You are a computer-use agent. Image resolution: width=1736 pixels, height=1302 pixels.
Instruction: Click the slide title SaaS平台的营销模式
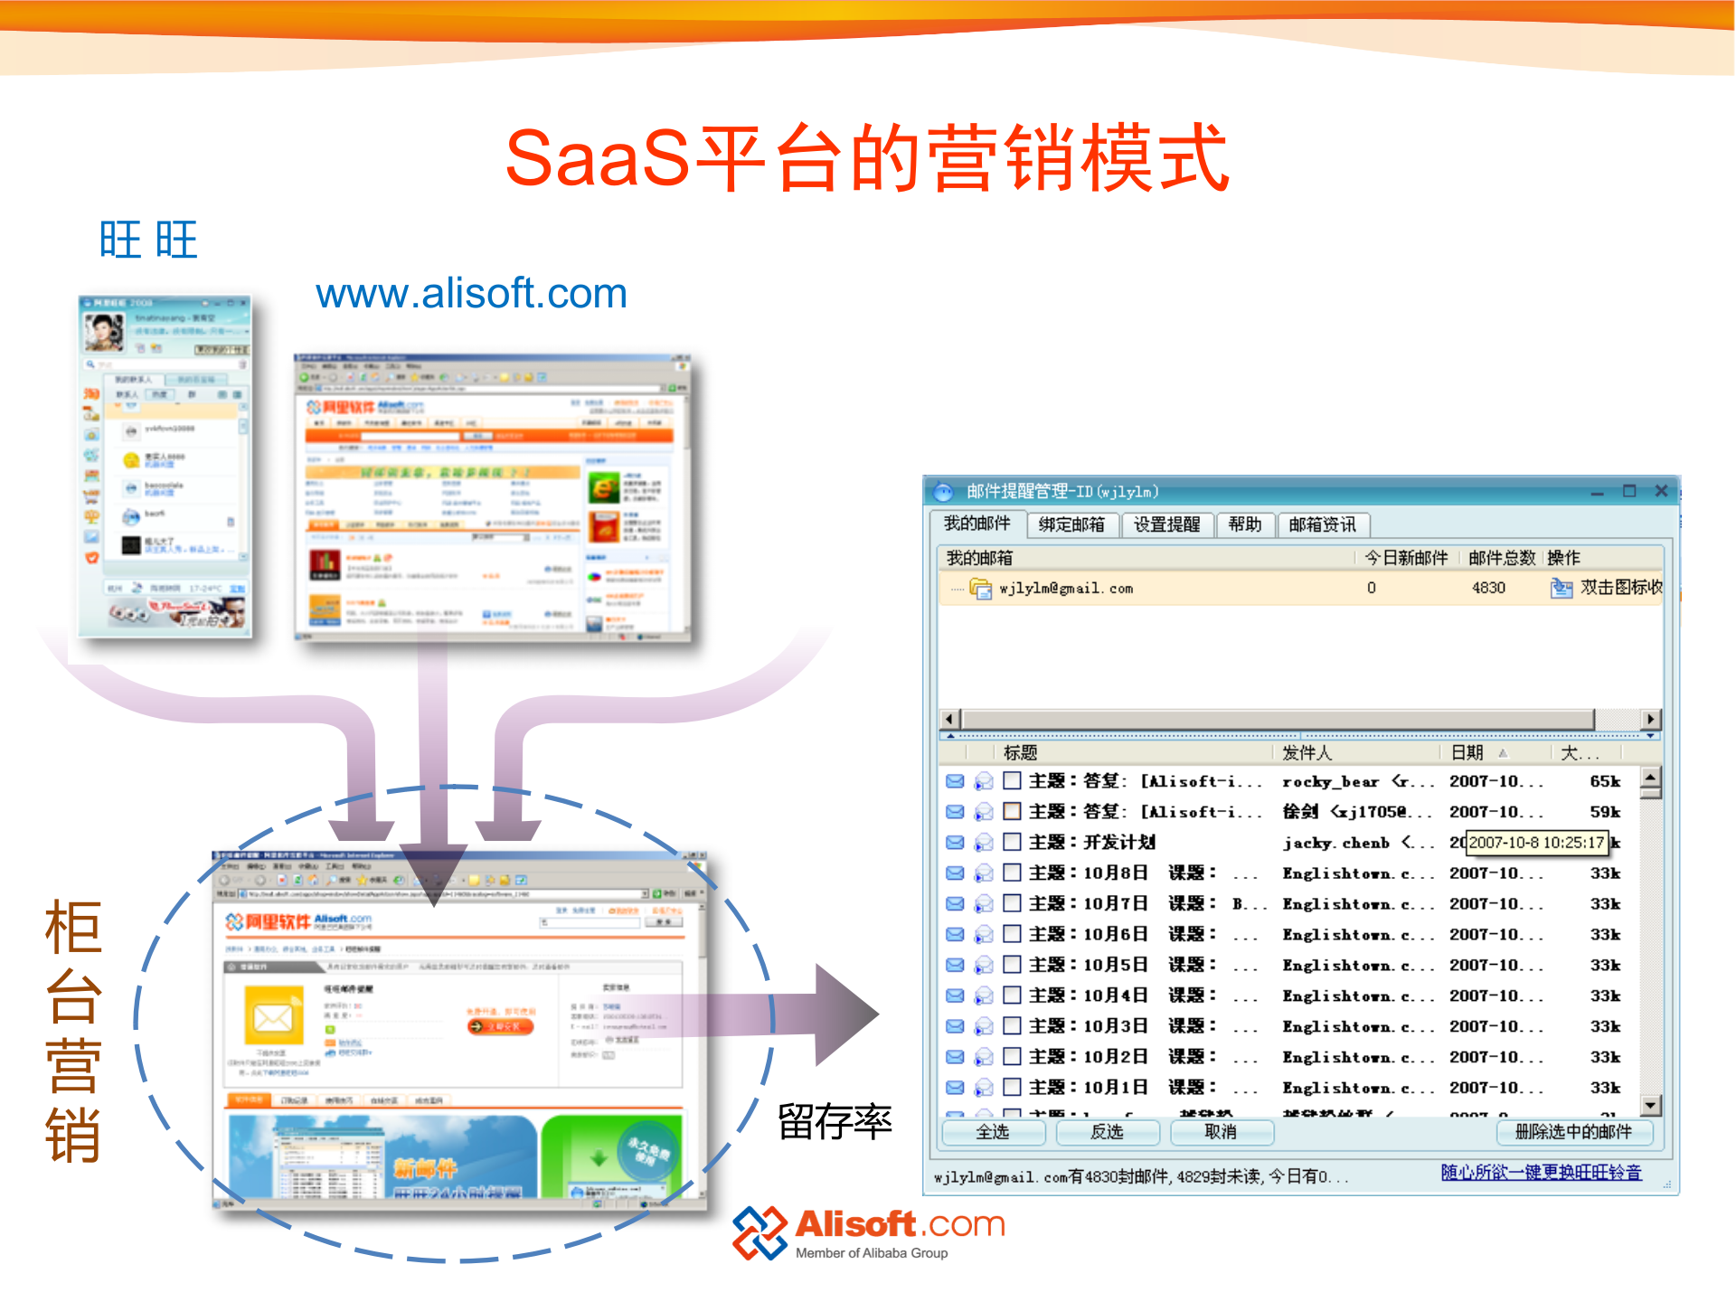tap(866, 158)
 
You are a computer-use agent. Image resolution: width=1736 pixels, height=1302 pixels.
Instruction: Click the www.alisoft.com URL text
tap(471, 294)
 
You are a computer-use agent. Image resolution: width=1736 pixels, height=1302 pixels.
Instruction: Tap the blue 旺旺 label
tap(148, 241)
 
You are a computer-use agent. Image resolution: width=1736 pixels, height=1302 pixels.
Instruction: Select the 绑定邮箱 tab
tap(1071, 524)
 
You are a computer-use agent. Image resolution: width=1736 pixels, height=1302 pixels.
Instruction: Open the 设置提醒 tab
tap(1166, 524)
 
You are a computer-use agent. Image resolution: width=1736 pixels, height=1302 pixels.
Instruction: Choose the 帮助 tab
tap(1245, 524)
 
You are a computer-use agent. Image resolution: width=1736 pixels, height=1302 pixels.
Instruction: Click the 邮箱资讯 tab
tap(1322, 524)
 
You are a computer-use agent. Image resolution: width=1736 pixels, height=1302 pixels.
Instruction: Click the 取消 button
tap(1221, 1132)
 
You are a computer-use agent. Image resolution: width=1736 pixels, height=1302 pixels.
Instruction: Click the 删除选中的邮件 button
tap(1573, 1132)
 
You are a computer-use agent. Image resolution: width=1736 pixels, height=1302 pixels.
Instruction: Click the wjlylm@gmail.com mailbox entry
tap(1065, 589)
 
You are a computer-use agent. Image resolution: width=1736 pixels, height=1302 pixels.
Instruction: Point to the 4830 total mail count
tap(1488, 588)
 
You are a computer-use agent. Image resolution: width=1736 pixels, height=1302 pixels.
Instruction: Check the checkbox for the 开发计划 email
tap(1013, 842)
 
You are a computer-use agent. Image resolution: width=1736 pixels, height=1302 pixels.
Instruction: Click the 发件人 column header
tap(1307, 752)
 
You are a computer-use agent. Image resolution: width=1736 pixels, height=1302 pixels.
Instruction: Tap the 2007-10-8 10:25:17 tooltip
tap(1536, 843)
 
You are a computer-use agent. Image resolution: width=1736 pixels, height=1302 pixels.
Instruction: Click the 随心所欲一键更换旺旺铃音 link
tap(1541, 1173)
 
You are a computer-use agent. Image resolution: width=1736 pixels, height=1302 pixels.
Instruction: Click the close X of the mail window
tap(1661, 491)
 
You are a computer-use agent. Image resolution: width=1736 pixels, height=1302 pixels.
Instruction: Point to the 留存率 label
tap(835, 1122)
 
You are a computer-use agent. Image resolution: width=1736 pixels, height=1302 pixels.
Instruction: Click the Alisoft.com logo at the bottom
tap(868, 1232)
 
